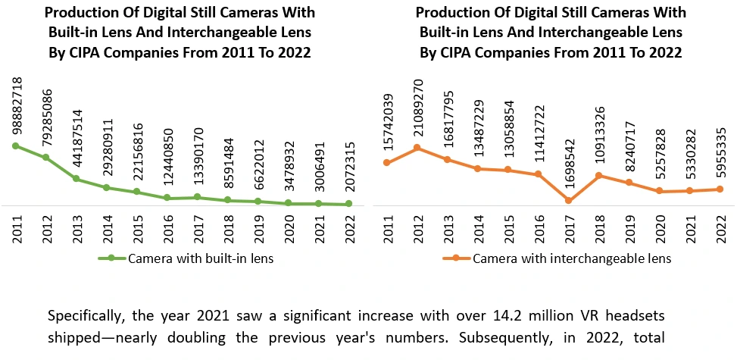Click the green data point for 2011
(x=14, y=146)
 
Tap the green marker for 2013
(x=76, y=179)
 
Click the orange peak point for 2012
(x=417, y=147)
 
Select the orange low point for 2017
(x=569, y=200)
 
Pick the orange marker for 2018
(x=598, y=175)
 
